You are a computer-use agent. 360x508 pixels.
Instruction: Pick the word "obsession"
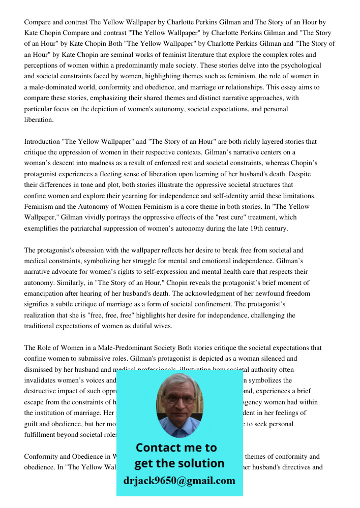coord(91,250)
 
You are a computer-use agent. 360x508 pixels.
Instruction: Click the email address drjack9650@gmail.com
coord(179,481)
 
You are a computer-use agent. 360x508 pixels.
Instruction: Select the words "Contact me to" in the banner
coord(176,448)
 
